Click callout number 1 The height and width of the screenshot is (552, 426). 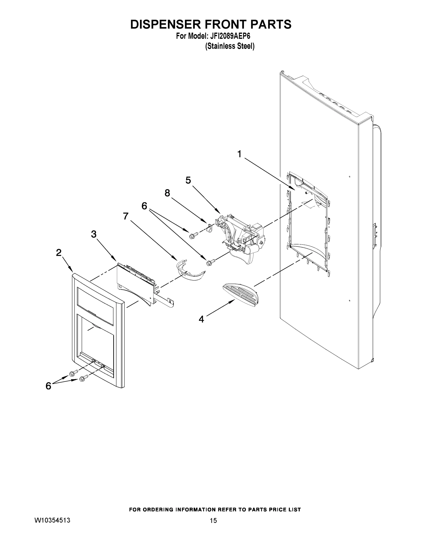239,154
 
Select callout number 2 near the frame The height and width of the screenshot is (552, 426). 59,252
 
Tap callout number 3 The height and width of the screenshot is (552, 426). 94,234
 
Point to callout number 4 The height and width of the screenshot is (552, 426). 201,319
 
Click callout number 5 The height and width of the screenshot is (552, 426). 188,181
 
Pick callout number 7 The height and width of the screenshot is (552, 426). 126,216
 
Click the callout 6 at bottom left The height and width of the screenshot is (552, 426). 48,386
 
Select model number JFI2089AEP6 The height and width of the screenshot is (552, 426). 229,36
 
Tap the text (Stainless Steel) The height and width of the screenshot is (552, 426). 230,46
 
